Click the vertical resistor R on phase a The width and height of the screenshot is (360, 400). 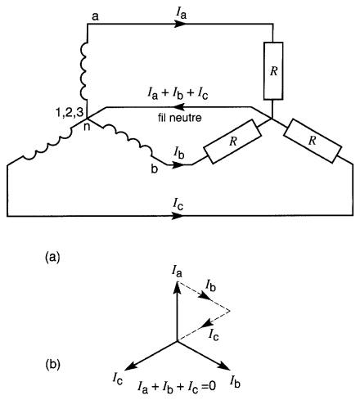[x=273, y=71]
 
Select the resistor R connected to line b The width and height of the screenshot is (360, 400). [x=232, y=142]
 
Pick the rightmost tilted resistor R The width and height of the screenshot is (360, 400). [x=313, y=141]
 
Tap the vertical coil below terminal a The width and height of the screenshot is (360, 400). [x=83, y=70]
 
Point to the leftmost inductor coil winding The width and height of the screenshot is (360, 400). [x=47, y=144]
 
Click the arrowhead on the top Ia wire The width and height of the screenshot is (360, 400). [x=180, y=24]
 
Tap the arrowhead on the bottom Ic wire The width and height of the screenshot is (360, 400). [x=178, y=216]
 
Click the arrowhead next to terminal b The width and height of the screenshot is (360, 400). [x=178, y=164]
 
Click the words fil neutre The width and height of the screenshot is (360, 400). [x=180, y=118]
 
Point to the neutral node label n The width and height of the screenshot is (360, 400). [x=87, y=127]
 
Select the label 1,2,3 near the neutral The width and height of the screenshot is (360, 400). [x=70, y=113]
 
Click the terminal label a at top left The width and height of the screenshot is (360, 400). [x=95, y=17]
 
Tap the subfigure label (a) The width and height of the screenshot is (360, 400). [x=52, y=257]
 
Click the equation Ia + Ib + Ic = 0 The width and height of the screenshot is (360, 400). [x=177, y=387]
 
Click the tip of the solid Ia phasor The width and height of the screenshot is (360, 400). [x=178, y=282]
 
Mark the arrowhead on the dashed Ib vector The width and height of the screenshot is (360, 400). [x=205, y=297]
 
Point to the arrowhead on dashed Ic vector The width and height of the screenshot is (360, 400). [x=207, y=323]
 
